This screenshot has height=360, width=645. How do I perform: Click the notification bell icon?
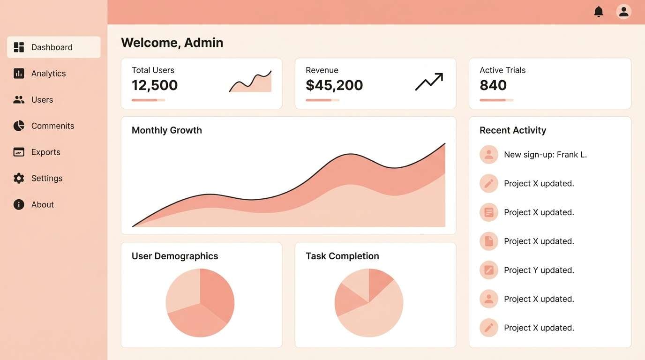click(599, 12)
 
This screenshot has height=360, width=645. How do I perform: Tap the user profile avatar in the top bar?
click(623, 12)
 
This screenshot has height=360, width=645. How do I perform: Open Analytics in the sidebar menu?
click(48, 74)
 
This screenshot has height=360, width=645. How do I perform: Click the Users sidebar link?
click(42, 100)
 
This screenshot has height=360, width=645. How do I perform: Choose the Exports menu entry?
click(45, 152)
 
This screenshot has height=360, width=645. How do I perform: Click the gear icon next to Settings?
click(19, 178)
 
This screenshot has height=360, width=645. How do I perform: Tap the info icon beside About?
click(19, 204)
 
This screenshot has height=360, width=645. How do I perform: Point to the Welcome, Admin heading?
click(172, 43)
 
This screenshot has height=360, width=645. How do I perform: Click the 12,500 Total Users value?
click(155, 85)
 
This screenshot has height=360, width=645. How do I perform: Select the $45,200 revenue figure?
click(334, 85)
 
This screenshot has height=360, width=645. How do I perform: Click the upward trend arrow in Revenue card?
click(429, 82)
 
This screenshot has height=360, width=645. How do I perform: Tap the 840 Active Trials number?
click(493, 85)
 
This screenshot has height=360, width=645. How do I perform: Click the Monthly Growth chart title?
click(166, 130)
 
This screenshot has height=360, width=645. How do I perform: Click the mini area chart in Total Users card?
click(250, 82)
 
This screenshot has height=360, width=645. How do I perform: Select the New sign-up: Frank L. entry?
click(545, 155)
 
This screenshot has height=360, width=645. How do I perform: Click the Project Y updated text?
click(539, 270)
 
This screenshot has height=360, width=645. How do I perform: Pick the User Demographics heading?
click(175, 256)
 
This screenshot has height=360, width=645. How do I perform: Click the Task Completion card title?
click(342, 256)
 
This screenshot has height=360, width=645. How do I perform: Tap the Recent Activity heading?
click(513, 130)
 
